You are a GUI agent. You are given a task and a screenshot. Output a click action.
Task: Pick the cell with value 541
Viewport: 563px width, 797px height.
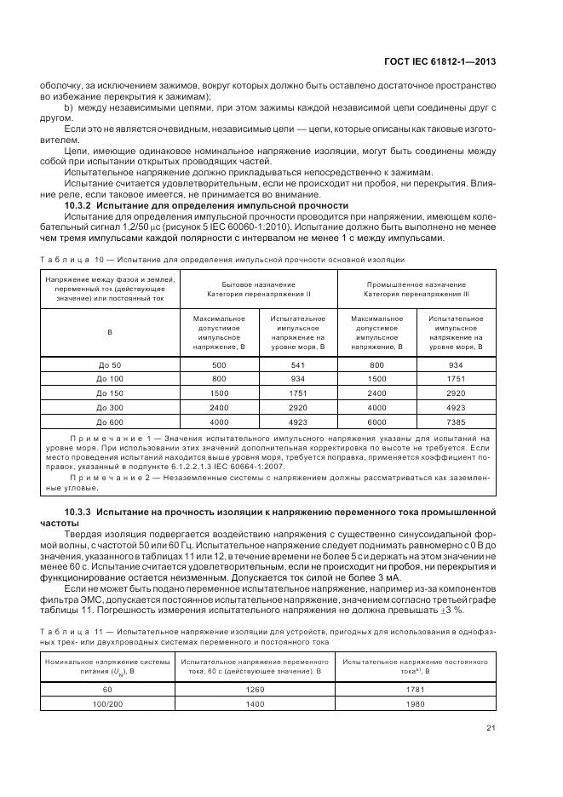(x=298, y=364)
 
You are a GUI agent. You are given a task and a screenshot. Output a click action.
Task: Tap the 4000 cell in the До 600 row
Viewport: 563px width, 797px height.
(x=219, y=421)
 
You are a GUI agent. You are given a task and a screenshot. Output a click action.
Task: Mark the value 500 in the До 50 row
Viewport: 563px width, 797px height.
(x=219, y=364)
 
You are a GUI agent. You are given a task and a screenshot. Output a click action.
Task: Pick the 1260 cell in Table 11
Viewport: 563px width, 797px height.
(x=256, y=689)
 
